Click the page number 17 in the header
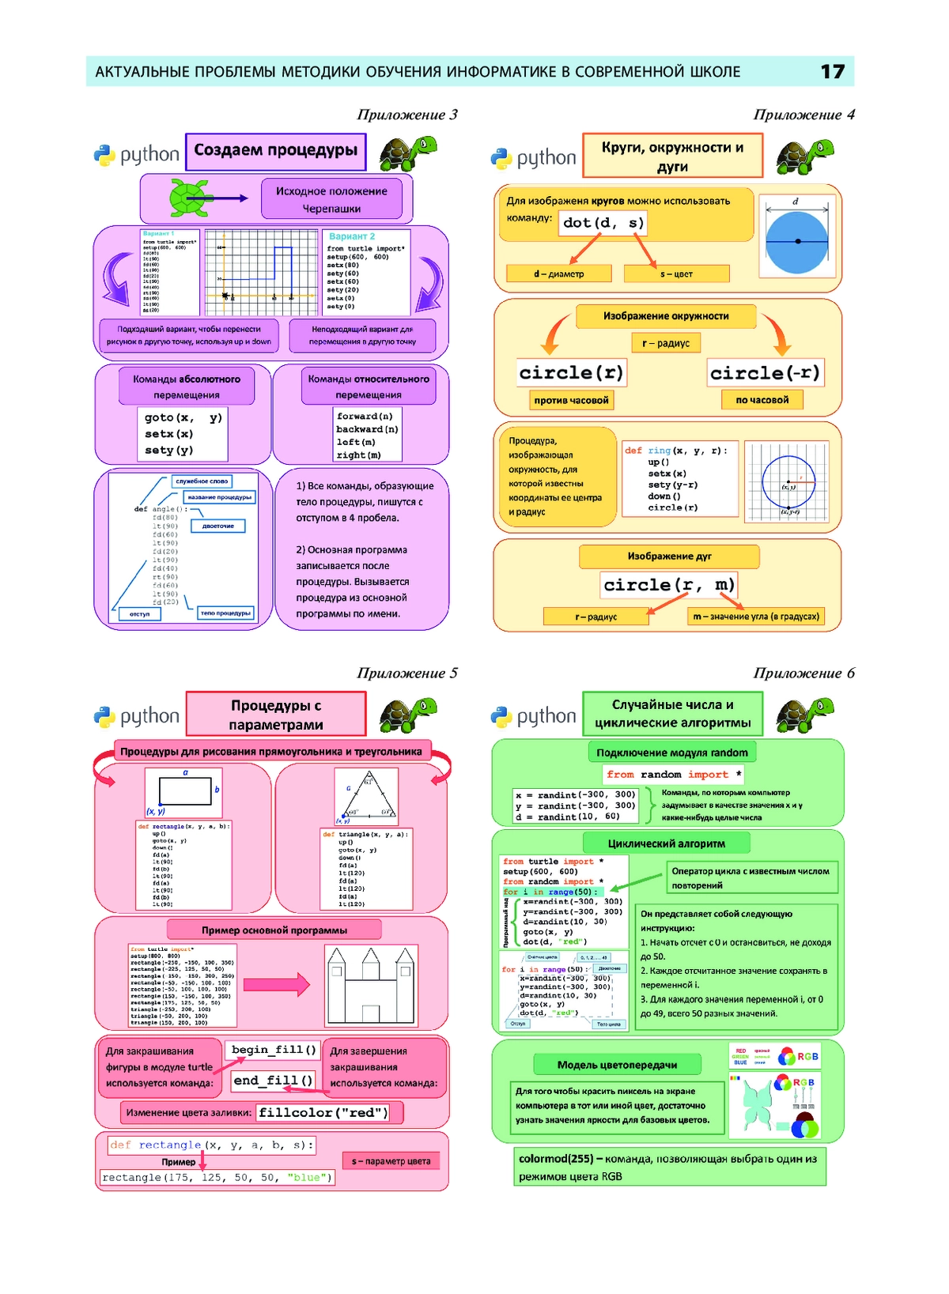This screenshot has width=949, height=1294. click(832, 72)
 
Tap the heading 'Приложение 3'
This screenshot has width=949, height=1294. click(406, 115)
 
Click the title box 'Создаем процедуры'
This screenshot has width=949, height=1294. click(276, 151)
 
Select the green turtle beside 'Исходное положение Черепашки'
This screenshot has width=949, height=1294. click(190, 198)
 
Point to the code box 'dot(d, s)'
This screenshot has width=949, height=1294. click(603, 223)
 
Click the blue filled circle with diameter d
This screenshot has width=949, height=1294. click(797, 241)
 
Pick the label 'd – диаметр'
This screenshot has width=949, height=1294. click(558, 274)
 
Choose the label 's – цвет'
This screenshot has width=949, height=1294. click(676, 274)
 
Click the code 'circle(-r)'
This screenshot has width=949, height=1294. click(765, 373)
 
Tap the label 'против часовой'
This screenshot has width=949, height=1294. click(571, 401)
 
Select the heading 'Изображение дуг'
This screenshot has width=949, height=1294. click(669, 556)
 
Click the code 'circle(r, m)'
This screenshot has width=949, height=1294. click(668, 585)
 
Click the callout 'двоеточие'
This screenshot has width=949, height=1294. click(218, 526)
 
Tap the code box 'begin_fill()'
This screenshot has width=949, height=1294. click(274, 1050)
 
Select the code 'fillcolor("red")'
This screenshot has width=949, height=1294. click(323, 1113)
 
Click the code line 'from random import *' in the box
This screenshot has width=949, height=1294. click(673, 775)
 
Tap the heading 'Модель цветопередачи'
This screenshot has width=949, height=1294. click(617, 1065)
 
